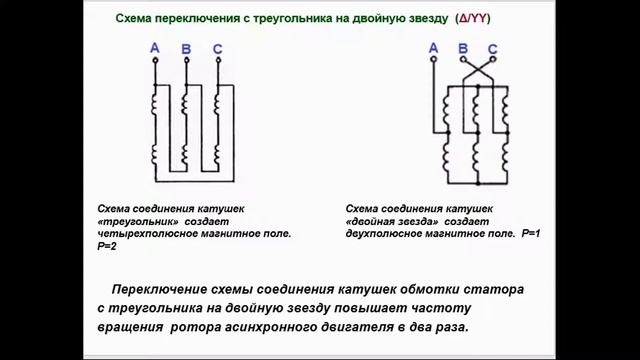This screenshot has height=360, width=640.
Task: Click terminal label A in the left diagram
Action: [154, 47]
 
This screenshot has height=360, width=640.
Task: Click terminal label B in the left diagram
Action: [187, 50]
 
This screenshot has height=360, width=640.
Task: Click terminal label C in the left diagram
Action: [217, 48]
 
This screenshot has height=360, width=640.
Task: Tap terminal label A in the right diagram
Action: [433, 47]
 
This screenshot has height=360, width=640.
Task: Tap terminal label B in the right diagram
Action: [463, 48]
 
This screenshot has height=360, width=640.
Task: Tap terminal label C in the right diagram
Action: [493, 48]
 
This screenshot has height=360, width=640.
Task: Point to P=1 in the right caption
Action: [531, 232]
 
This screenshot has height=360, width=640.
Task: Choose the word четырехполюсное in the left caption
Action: [149, 232]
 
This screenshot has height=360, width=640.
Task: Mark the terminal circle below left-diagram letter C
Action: [217, 62]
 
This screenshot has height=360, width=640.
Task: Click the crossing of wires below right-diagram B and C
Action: [478, 70]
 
